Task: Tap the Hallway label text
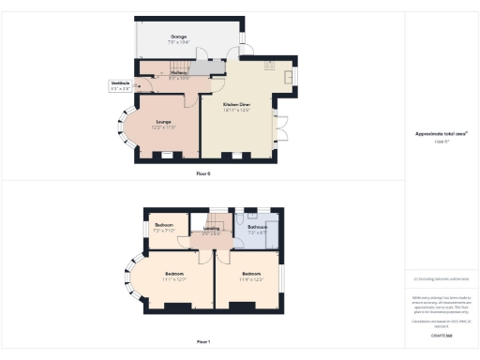(179, 74)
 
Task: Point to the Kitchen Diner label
(238, 106)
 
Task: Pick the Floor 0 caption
(203, 174)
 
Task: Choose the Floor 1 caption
(203, 341)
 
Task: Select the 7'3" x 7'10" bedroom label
(164, 228)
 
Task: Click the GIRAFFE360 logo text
(442, 334)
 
